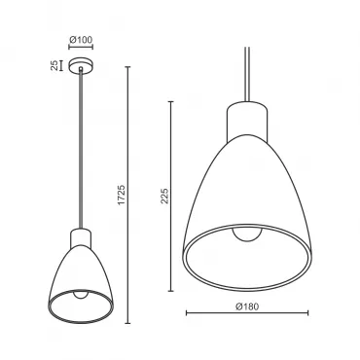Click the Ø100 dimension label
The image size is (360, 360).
(x=81, y=40)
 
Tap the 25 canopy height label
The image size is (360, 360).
(x=54, y=65)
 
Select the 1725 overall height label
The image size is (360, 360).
(x=121, y=195)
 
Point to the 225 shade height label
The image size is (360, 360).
(x=164, y=196)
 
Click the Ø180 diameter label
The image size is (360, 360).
(x=247, y=306)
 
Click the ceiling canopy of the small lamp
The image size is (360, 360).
(x=81, y=64)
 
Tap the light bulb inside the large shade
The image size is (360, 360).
(x=247, y=234)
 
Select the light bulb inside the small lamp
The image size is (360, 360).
(x=81, y=294)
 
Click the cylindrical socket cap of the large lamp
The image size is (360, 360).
(x=247, y=123)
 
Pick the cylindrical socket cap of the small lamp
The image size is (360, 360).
(x=81, y=238)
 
